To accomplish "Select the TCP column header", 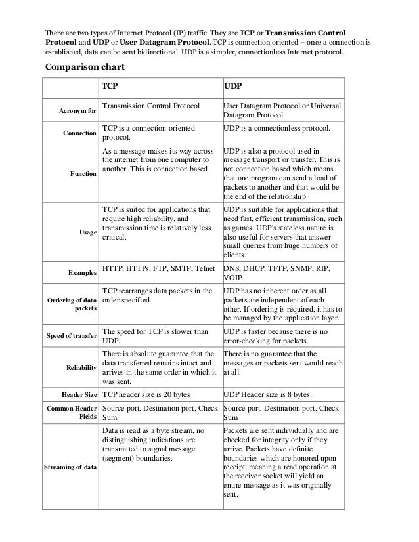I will coord(111,86).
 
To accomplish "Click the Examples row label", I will coord(82,272).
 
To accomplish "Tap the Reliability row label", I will coord(81,368).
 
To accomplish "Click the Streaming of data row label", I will coord(70,467).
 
